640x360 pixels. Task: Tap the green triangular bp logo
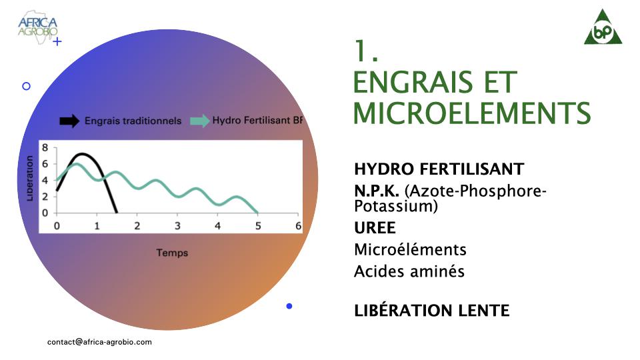point(603,27)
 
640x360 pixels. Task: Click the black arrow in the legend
point(69,121)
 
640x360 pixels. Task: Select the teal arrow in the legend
point(200,121)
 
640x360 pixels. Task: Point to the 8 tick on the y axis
point(45,147)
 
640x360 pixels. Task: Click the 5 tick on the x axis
point(258,226)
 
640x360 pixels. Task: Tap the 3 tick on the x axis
point(177,226)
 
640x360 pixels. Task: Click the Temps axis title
point(172,253)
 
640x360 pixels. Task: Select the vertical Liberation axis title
point(29,179)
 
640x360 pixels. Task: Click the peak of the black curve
point(83,154)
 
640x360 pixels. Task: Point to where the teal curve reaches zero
point(257,213)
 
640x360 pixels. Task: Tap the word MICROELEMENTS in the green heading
point(471,113)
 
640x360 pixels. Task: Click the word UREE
point(375,228)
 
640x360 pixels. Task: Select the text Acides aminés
point(409,271)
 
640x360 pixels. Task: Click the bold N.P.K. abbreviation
point(376,191)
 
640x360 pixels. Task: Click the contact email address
point(99,342)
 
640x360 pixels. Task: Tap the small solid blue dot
point(289,306)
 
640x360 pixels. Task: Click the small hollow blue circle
point(26,86)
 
